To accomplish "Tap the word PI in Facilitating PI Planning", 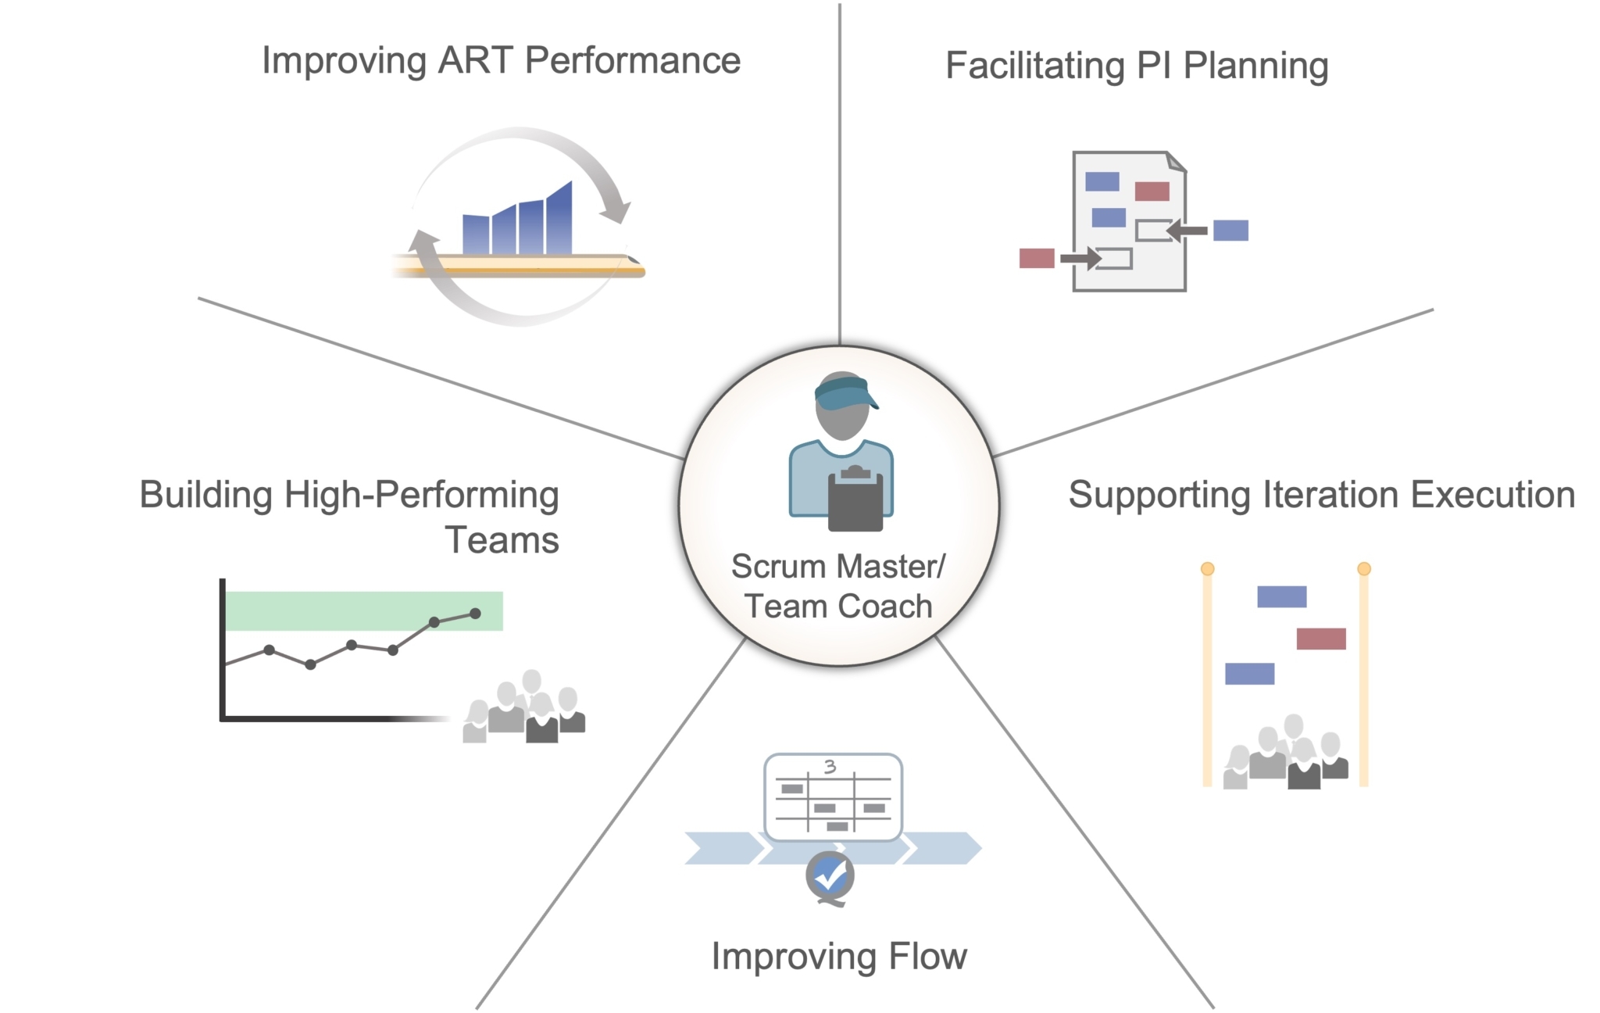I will coord(1153,66).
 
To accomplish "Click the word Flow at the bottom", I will coord(927,957).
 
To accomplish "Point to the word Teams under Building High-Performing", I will coord(502,541).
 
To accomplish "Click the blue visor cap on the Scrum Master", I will coord(843,392).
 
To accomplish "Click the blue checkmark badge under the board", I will coord(830,875).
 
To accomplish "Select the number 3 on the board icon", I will coord(830,767).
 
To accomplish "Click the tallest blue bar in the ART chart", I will coord(559,219).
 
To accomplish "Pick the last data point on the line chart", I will coord(475,614).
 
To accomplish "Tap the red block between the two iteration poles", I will coord(1321,639).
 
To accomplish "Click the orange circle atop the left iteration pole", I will coord(1207,569).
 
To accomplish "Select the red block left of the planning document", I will coord(1037,258).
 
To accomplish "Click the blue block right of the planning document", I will coord(1230,231).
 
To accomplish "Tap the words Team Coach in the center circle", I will coord(838,607).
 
